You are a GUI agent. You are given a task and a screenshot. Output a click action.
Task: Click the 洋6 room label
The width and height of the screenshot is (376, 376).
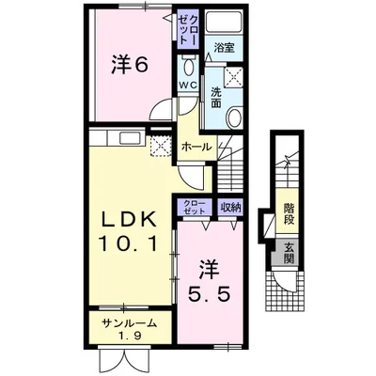point(129,64)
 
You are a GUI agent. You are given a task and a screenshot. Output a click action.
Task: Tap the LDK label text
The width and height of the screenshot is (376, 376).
point(130,221)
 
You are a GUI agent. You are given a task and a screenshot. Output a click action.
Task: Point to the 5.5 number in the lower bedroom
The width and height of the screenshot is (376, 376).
point(210,293)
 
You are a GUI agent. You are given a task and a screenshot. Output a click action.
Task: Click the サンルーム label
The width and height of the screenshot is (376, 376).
point(130,323)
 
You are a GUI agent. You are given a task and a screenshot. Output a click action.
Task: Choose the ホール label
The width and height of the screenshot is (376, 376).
point(196,147)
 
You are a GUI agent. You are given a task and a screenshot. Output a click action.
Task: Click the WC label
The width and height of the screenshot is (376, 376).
point(187,85)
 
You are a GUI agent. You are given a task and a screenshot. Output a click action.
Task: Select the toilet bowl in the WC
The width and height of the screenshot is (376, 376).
point(188,66)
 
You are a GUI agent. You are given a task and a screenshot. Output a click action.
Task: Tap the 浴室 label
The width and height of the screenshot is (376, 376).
point(224,48)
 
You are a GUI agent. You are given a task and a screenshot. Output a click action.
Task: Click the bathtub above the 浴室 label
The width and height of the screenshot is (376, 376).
point(225,22)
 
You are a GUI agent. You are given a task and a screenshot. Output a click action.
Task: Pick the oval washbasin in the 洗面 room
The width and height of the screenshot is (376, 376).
point(234,117)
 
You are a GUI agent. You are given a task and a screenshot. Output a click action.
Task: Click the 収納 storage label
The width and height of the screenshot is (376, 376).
point(231,207)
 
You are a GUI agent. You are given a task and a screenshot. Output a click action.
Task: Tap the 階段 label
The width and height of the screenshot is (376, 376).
point(289,213)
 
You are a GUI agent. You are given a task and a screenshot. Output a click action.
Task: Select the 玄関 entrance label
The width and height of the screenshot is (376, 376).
point(290,253)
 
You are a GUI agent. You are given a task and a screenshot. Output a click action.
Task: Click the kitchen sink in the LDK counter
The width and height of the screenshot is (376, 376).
point(130,138)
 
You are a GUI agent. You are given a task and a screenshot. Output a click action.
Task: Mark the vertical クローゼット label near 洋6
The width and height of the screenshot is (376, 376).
point(188,29)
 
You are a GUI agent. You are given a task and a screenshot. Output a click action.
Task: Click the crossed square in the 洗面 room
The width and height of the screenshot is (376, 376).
point(233,76)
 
